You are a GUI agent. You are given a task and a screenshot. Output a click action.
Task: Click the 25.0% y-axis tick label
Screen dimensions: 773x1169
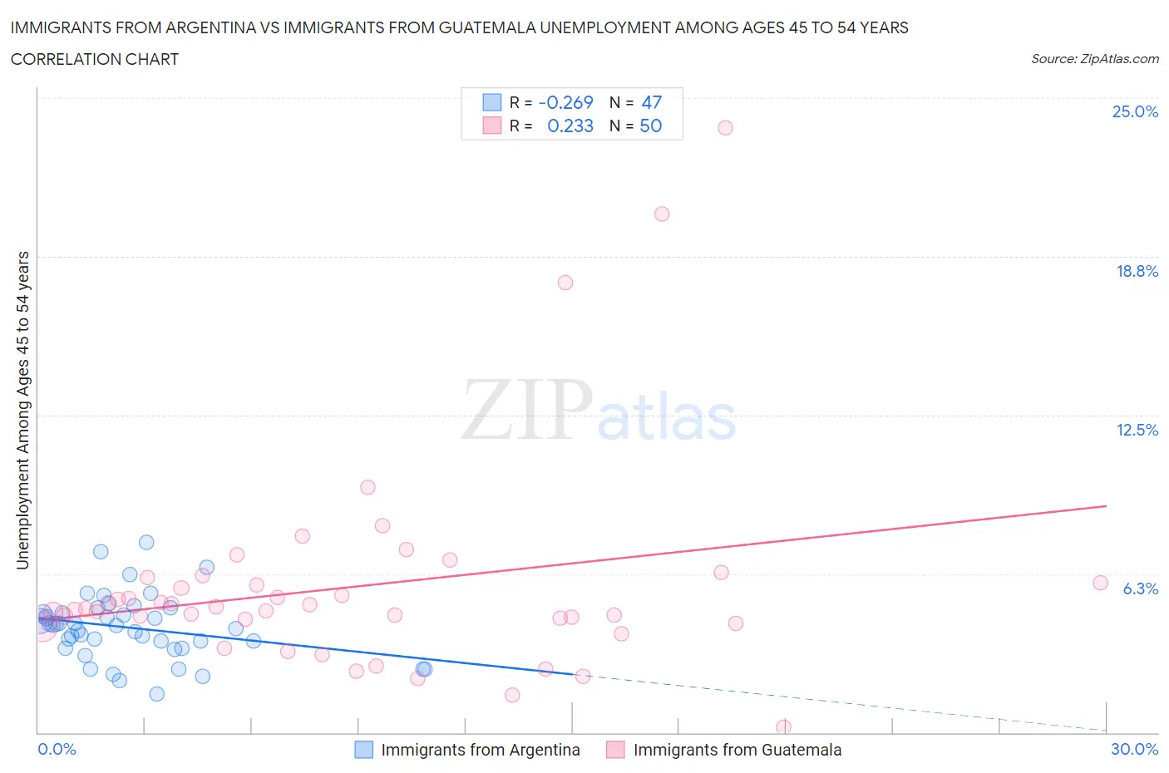1135,111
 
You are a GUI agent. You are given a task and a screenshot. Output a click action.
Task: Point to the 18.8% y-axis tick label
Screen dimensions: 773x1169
1137,271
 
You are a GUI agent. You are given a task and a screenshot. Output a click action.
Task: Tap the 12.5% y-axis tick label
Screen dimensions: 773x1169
1137,430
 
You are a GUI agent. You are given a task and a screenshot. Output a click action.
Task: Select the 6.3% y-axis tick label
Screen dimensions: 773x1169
1140,588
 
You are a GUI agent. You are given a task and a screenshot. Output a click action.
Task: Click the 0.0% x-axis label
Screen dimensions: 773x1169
57,749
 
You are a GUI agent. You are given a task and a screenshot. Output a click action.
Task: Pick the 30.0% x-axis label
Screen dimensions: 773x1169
1134,749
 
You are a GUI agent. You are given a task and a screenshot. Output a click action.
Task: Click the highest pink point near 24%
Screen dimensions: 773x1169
725,127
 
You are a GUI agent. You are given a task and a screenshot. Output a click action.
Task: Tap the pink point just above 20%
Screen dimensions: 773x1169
662,214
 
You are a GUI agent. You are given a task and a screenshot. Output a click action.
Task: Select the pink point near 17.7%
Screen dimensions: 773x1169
565,283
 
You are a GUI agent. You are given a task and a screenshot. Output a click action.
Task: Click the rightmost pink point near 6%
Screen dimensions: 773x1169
1100,583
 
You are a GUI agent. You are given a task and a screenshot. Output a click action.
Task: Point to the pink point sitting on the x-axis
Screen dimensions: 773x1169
783,727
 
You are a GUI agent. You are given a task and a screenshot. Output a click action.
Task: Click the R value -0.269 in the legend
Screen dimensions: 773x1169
565,102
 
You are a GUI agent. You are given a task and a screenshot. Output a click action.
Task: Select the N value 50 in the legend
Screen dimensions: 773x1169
650,126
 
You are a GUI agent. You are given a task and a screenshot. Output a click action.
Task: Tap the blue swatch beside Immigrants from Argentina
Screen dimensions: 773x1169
363,750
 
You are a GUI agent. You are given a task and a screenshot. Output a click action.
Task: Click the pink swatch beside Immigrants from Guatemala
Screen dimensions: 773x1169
615,750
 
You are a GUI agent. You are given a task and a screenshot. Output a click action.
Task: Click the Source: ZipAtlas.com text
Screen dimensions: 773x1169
1094,58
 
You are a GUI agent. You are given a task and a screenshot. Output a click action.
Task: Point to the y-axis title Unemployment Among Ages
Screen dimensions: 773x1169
22,411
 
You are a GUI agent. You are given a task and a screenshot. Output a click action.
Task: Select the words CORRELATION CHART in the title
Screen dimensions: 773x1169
95,59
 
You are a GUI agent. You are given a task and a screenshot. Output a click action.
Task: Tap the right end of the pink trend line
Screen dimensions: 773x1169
1106,505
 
